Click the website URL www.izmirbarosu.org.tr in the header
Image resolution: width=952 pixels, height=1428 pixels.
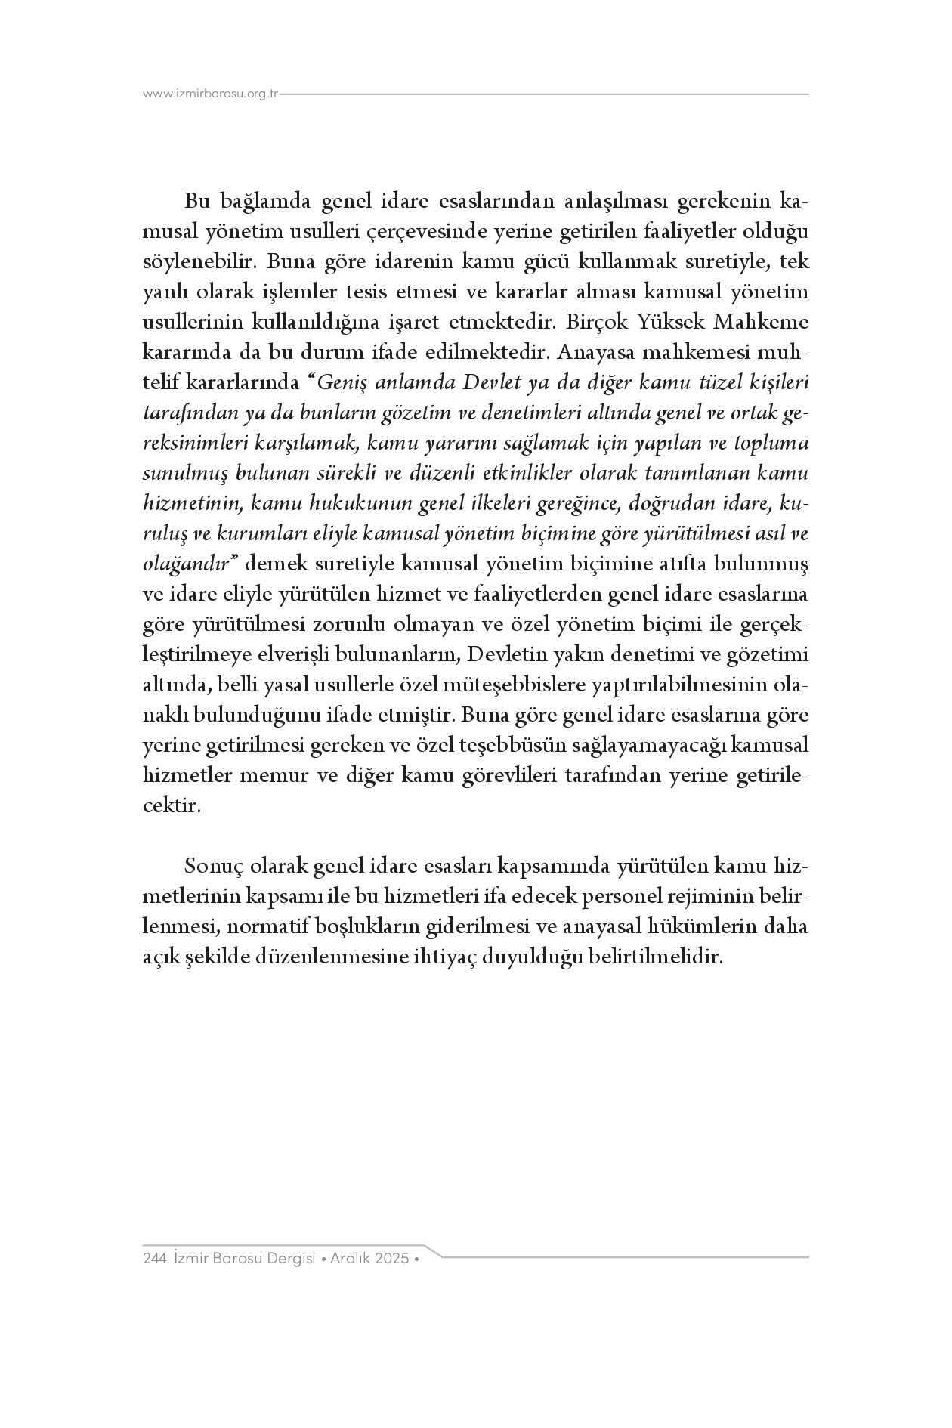click(x=211, y=94)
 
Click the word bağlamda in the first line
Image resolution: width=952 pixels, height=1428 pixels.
click(x=265, y=202)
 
